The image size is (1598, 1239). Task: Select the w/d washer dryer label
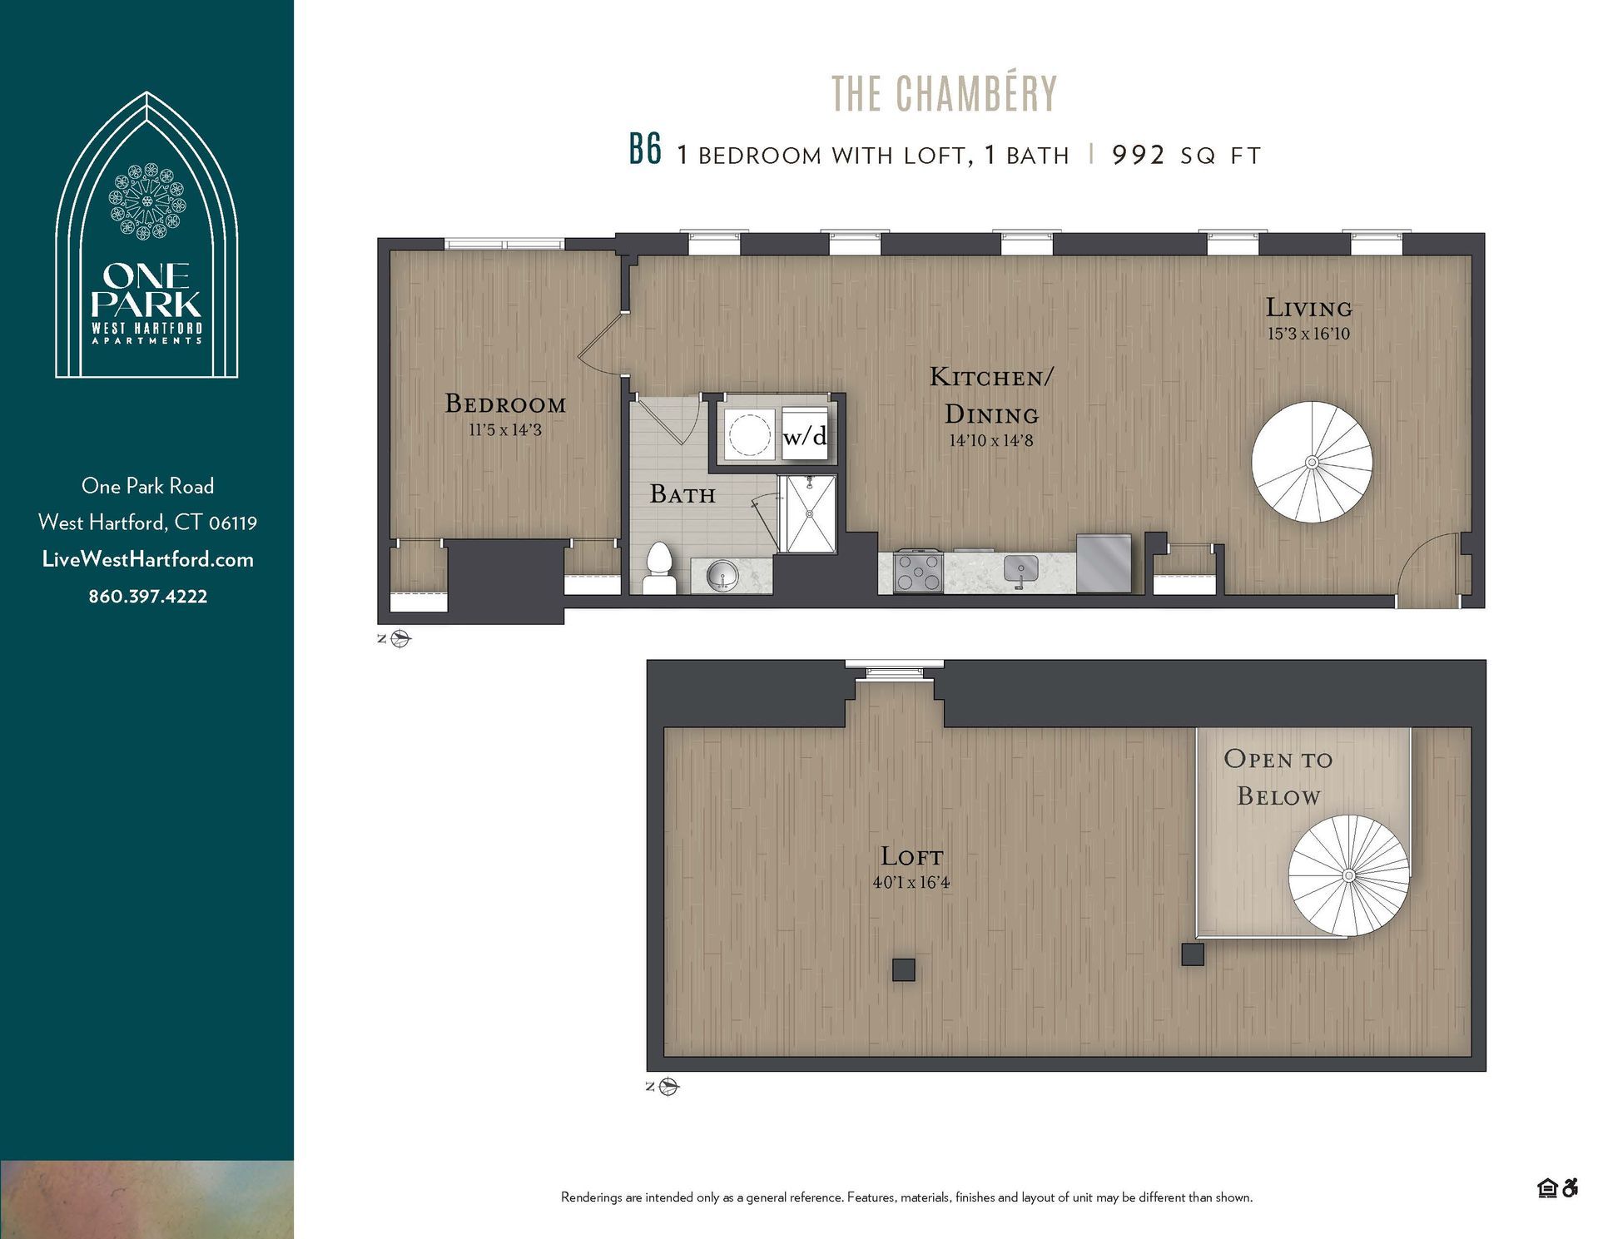click(x=805, y=435)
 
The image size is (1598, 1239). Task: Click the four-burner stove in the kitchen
click(x=918, y=572)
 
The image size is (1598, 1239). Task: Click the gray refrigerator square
click(x=1104, y=563)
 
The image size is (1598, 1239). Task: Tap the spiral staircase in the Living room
click(x=1312, y=462)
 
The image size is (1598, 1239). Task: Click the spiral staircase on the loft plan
click(x=1348, y=875)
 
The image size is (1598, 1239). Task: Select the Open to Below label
click(x=1278, y=777)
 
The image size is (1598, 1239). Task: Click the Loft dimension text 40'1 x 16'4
click(x=911, y=882)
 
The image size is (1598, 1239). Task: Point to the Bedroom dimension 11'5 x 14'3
click(x=505, y=430)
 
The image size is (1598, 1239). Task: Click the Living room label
click(x=1308, y=308)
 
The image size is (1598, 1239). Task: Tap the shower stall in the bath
click(x=808, y=513)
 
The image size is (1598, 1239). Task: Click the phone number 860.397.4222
click(x=148, y=596)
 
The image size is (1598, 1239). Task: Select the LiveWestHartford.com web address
click(x=148, y=559)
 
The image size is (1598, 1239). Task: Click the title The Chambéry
click(x=944, y=94)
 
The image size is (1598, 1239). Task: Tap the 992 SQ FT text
click(x=1186, y=156)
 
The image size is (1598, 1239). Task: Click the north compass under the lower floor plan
click(x=669, y=1087)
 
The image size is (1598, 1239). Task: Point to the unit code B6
click(x=645, y=152)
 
